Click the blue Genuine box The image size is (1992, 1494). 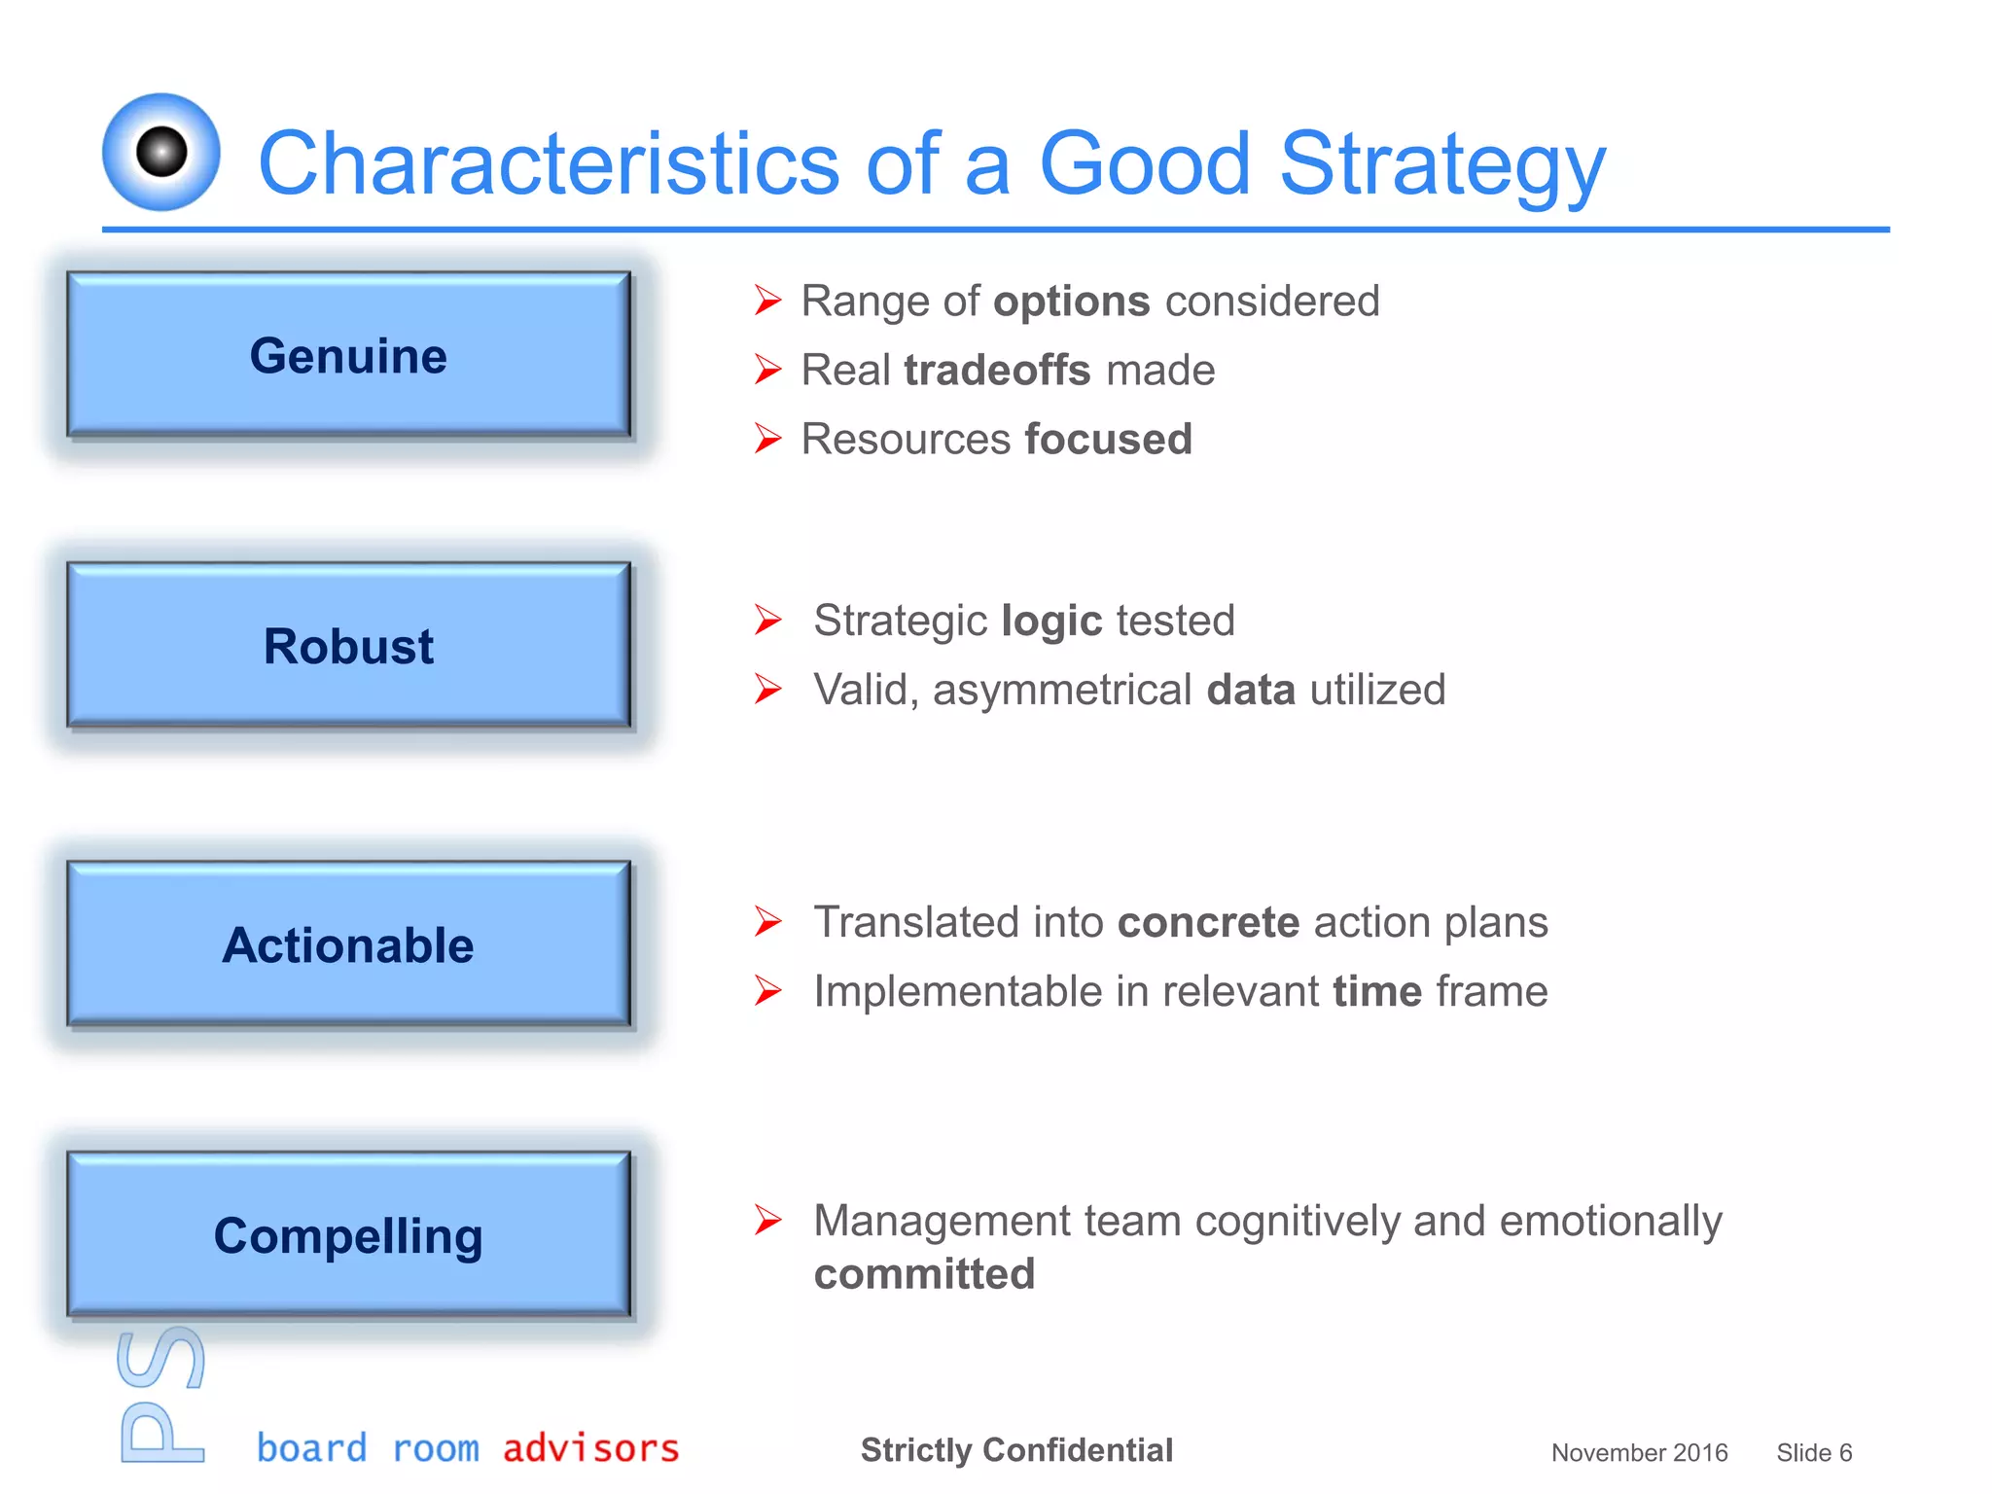[348, 355]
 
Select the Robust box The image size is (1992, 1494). [348, 646]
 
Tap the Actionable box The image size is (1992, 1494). [348, 944]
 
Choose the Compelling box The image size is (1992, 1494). [348, 1235]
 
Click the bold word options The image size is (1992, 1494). [1071, 302]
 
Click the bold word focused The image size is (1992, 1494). [1108, 440]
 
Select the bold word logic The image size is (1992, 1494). [1051, 622]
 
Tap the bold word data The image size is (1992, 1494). [1251, 691]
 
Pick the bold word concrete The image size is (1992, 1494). [1208, 923]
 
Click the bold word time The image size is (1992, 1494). [1377, 992]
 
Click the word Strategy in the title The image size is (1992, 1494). [1441, 163]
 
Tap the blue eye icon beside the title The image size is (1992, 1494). [161, 152]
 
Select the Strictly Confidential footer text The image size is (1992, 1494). [1016, 1450]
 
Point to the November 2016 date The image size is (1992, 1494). [1639, 1453]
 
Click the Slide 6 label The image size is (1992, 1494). [1813, 1453]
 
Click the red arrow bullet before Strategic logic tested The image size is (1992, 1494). [767, 621]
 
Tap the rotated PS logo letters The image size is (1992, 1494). [161, 1396]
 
